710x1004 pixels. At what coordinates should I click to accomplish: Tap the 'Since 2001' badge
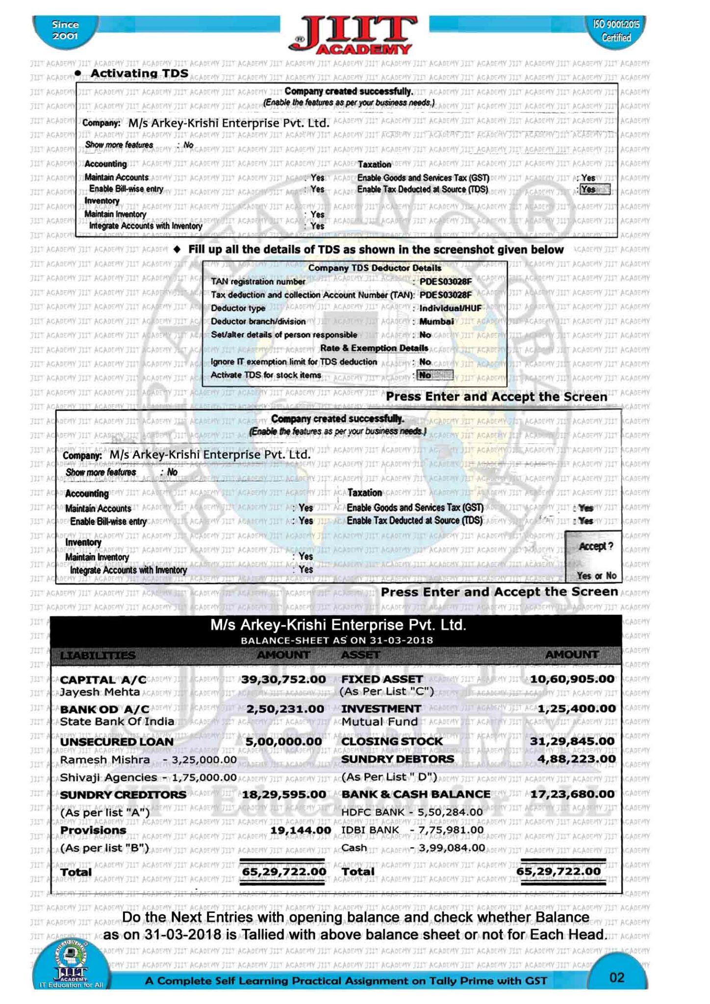point(65,30)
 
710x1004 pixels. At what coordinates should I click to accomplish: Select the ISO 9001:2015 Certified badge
point(616,31)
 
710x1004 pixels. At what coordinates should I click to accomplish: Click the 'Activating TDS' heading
point(139,73)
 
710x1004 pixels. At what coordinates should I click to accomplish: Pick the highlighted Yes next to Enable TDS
point(594,189)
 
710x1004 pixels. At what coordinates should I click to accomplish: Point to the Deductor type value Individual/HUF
point(451,308)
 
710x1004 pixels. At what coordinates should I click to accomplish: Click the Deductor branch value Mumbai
point(436,322)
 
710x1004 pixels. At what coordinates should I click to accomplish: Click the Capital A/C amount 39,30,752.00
point(283,679)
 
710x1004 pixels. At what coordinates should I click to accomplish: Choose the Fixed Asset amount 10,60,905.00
point(572,679)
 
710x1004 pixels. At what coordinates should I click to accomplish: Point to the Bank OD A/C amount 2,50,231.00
point(284,709)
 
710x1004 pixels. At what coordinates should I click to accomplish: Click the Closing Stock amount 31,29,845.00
point(572,741)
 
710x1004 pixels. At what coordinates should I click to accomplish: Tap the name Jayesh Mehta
point(100,692)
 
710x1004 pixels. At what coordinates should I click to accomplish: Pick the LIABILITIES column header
point(98,655)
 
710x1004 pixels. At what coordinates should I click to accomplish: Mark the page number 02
point(616,978)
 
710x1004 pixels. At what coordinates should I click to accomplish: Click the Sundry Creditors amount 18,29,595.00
point(283,794)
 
